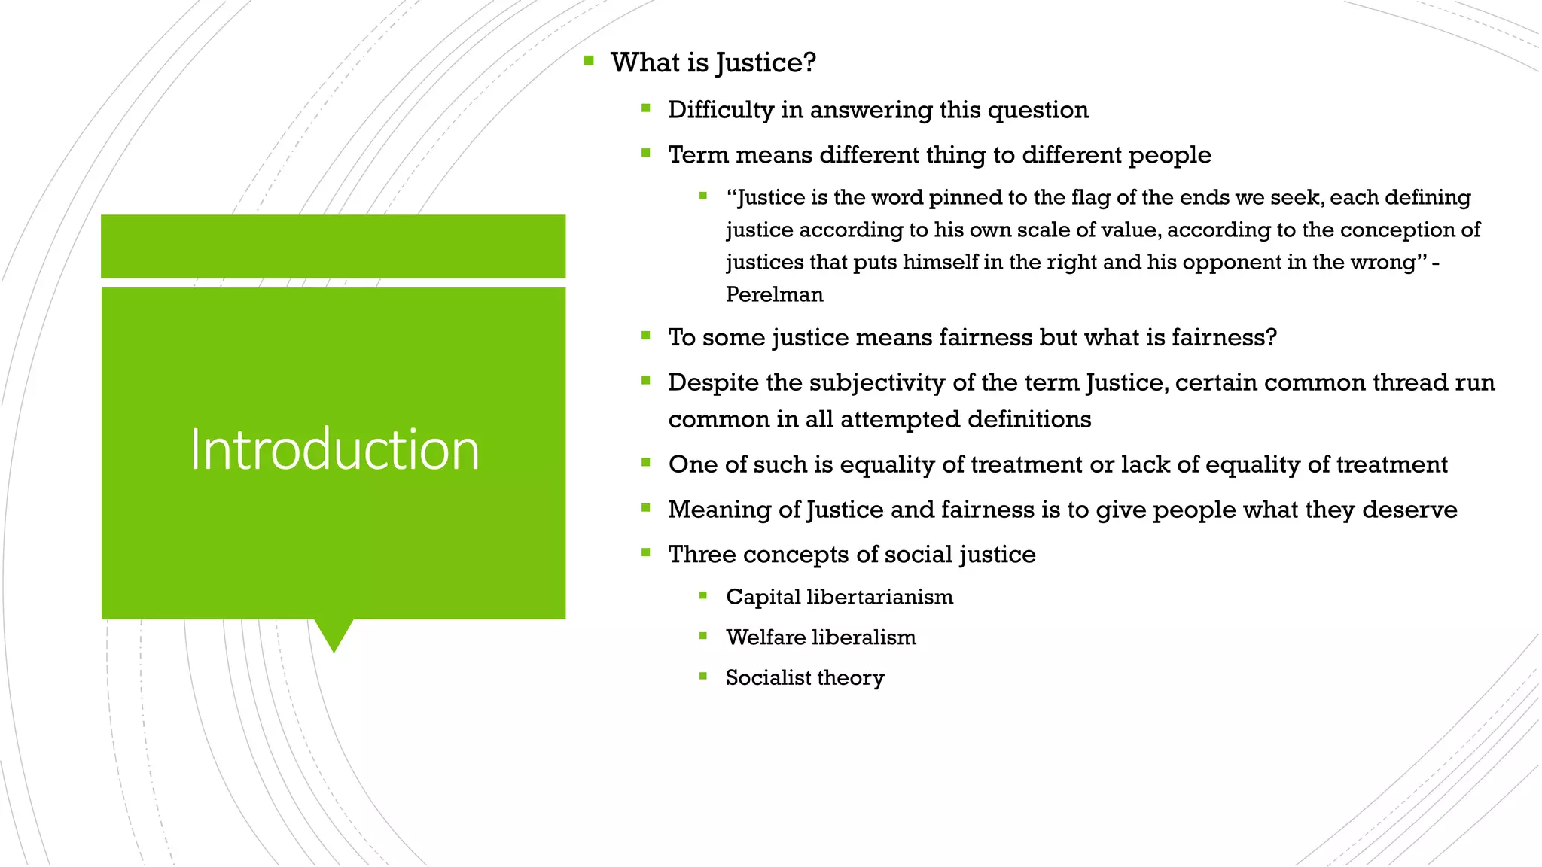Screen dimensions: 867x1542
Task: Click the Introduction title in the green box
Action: (x=334, y=449)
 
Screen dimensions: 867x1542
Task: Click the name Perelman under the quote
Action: (x=774, y=294)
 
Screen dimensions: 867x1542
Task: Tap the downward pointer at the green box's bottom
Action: (x=334, y=635)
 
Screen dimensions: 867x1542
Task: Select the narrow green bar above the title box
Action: (x=333, y=246)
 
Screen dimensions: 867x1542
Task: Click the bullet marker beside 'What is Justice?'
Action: (x=589, y=60)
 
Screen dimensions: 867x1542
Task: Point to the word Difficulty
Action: (x=721, y=110)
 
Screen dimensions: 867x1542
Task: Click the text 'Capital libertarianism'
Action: (x=839, y=597)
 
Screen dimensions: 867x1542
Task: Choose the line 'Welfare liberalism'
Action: (x=821, y=637)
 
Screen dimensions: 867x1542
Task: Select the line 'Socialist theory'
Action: (x=804, y=678)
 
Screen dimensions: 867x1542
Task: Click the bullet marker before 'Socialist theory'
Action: (x=703, y=676)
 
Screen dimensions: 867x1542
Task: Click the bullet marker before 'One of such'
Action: (x=646, y=463)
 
